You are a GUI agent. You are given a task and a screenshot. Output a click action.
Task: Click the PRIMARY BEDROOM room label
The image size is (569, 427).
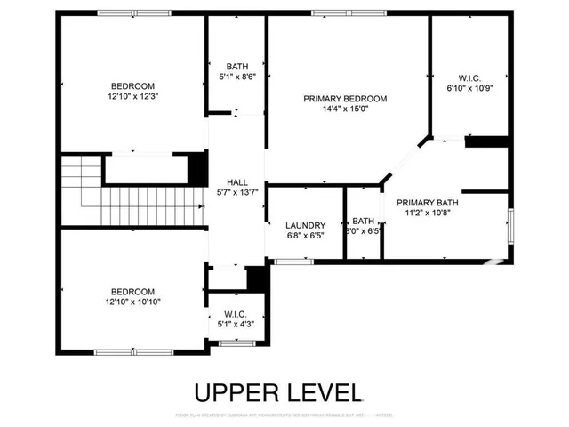point(345,99)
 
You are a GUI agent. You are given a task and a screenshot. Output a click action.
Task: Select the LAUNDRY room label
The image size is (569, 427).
point(306,226)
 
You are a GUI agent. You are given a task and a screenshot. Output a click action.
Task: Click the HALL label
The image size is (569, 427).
point(236,181)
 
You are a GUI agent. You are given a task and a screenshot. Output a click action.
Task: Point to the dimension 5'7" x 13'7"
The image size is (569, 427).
point(236,191)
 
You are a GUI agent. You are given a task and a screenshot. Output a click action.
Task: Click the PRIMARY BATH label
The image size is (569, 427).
point(428,203)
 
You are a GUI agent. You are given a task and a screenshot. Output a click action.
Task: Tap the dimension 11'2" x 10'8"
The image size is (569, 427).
point(428,213)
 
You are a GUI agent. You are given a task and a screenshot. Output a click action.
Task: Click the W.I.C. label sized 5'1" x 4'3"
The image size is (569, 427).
point(236,313)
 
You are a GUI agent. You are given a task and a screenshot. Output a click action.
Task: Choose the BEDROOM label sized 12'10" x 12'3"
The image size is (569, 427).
point(132,85)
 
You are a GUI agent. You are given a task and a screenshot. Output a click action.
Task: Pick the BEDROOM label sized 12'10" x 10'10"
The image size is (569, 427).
point(132,291)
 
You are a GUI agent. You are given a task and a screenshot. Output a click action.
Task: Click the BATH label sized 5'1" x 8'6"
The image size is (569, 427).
point(237,67)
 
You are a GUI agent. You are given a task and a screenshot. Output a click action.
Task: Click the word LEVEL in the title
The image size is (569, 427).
point(326,392)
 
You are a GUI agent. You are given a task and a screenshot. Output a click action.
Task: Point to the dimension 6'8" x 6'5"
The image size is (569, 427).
point(306,237)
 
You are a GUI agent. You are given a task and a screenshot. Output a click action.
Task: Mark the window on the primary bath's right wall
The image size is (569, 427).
point(509,226)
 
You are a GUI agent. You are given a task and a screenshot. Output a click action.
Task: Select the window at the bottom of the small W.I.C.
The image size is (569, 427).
point(237,343)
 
